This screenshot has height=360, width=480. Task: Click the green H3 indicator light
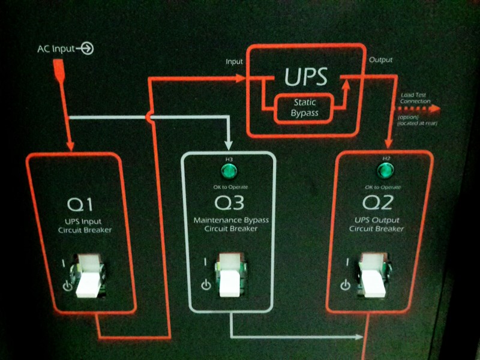229,173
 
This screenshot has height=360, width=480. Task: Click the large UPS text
306,77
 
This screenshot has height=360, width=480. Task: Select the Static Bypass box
304,109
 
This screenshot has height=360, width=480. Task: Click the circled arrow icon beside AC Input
88,49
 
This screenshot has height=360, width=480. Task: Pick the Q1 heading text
80,205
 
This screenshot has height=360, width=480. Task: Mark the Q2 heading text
377,203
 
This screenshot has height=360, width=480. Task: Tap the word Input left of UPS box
234,62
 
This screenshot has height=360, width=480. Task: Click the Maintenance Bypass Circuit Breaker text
231,224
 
